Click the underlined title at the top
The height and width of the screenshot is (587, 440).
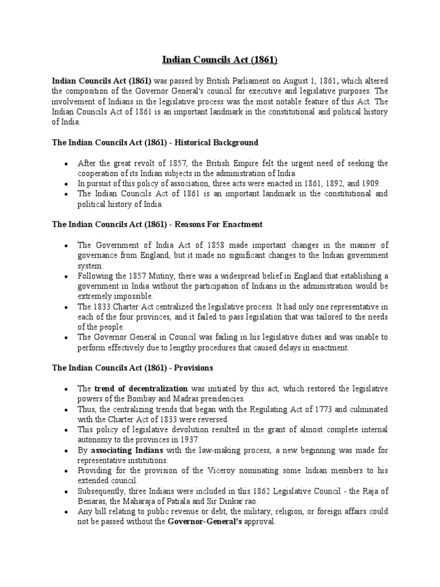[220, 60]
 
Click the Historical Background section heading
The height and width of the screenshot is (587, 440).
[155, 142]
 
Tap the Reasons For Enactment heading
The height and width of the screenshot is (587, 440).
[157, 224]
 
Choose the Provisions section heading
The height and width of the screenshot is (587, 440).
[133, 367]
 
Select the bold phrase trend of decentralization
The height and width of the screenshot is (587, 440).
[141, 389]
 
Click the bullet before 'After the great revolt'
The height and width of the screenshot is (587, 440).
[67, 163]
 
